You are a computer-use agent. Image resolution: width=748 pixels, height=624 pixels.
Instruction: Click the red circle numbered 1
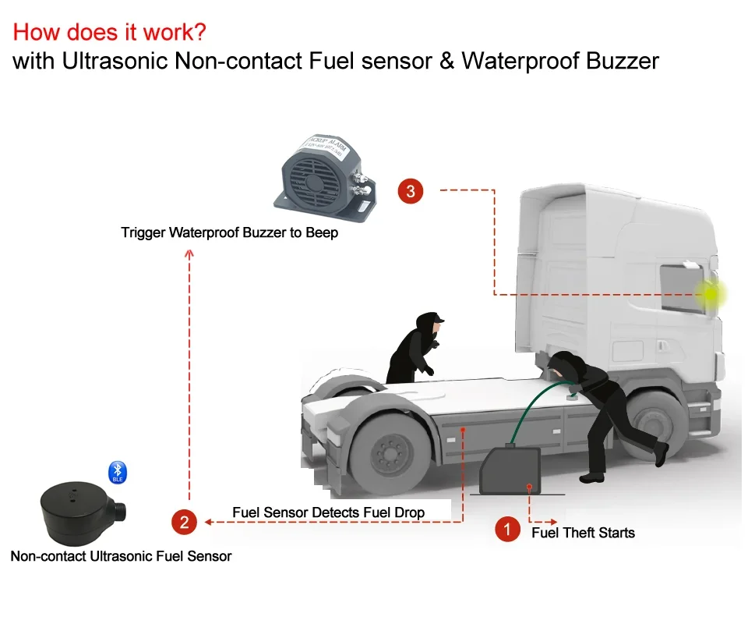507,530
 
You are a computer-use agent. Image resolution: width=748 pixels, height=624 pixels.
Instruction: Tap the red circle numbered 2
184,522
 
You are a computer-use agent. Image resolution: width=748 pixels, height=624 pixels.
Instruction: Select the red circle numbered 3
411,191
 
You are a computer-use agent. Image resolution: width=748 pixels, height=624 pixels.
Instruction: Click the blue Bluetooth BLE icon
117,471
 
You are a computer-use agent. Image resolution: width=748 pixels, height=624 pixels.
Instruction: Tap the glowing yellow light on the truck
711,294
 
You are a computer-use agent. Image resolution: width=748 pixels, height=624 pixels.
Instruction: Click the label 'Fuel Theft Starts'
583,533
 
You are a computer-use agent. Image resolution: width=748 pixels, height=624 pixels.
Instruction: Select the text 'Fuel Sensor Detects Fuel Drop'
328,512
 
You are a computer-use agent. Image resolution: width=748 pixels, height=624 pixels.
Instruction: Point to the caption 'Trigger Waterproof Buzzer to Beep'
230,232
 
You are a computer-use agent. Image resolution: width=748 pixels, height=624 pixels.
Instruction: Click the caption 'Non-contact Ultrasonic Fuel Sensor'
121,556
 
